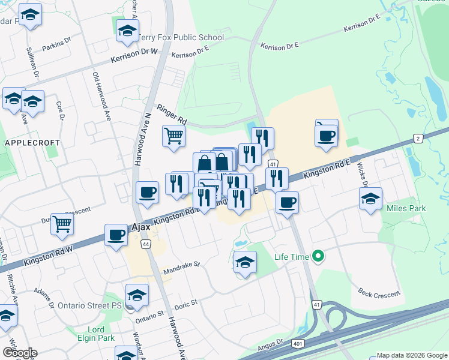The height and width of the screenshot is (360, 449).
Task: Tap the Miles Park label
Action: coord(406,209)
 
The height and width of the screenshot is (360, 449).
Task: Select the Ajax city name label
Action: coord(140,228)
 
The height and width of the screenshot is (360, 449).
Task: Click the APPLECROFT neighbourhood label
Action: coord(32,143)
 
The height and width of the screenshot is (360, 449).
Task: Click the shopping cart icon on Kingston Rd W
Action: coord(62,224)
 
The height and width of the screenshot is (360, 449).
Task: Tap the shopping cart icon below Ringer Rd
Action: coord(173,136)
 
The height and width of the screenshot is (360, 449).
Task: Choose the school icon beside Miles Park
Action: coord(370,199)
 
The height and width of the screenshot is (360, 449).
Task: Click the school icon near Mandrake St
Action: coord(245,262)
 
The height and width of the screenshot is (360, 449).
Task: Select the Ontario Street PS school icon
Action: coord(137,295)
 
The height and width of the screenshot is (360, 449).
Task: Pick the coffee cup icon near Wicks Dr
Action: coord(326,135)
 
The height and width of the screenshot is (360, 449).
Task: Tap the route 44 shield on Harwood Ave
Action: coord(145,244)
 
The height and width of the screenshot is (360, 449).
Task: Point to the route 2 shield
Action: coord(418,139)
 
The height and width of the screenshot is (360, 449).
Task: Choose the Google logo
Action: coord(20,353)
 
